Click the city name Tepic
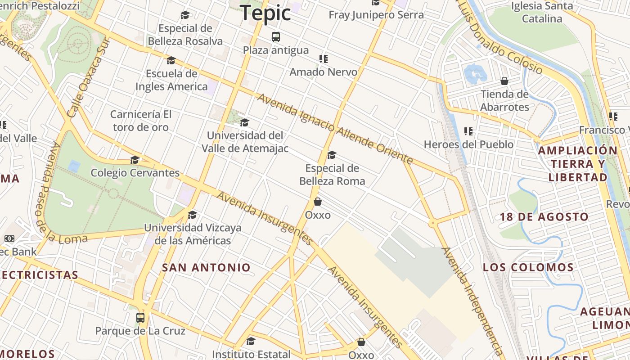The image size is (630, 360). [x=265, y=13]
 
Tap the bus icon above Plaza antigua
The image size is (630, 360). [x=276, y=37]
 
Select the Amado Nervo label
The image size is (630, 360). [x=323, y=72]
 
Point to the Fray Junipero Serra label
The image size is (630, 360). [x=376, y=15]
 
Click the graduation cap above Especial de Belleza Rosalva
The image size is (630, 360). [x=185, y=15]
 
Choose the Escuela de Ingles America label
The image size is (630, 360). [x=171, y=80]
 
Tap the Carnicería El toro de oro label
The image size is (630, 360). [x=141, y=121]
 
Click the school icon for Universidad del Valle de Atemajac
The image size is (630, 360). [x=244, y=122]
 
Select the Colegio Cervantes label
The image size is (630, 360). [x=135, y=173]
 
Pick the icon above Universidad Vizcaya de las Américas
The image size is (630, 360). [x=192, y=215]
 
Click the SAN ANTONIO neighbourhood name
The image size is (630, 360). [x=206, y=268]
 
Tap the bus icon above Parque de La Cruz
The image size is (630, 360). [x=140, y=318]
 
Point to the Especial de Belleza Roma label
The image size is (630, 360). [x=332, y=175]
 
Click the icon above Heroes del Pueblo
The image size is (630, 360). [x=468, y=131]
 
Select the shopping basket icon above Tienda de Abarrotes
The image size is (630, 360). [x=504, y=81]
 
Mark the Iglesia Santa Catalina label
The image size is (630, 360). [x=542, y=12]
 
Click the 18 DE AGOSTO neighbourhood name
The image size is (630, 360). [x=544, y=217]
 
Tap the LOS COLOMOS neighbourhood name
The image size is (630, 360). [x=528, y=267]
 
